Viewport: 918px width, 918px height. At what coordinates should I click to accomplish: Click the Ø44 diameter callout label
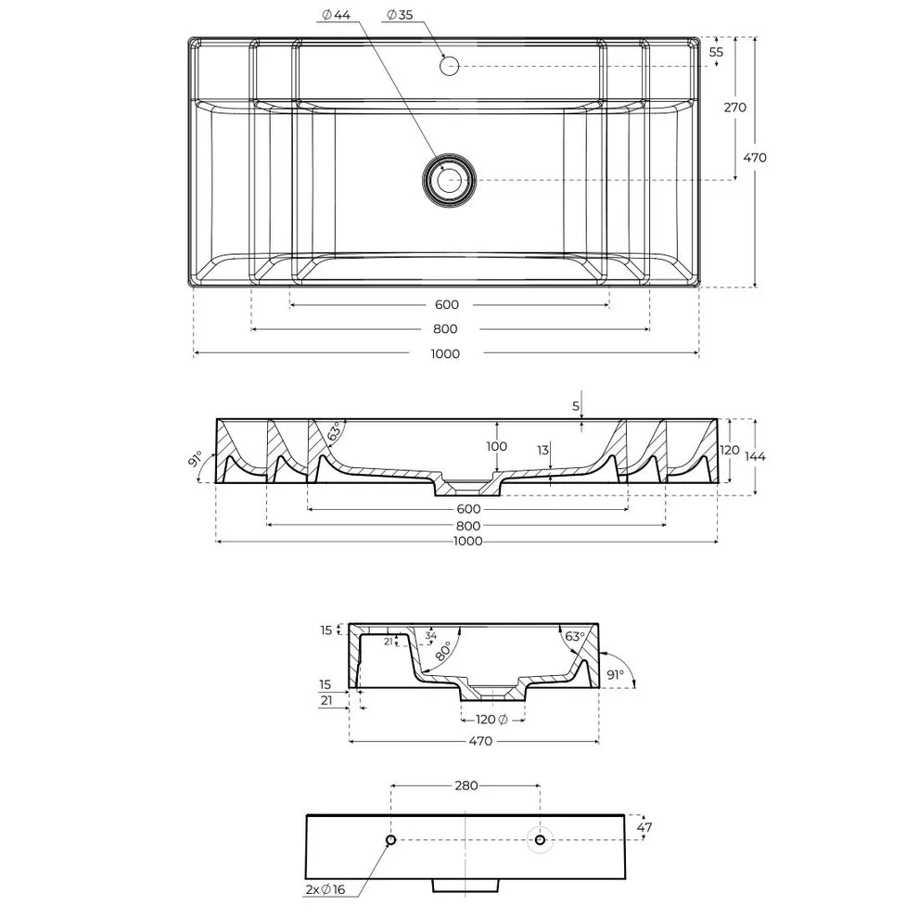336,15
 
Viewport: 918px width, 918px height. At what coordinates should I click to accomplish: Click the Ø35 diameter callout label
400,15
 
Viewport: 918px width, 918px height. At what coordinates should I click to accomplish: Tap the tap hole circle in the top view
449,66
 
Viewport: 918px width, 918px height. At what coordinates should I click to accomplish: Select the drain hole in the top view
449,180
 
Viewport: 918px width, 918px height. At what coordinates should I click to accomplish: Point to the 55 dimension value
716,52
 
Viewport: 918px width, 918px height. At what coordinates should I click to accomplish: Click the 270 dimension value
734,108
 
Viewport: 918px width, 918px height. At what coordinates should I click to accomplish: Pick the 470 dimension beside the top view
755,158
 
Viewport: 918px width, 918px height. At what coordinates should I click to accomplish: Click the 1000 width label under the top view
445,353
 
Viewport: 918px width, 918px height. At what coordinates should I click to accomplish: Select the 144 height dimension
755,456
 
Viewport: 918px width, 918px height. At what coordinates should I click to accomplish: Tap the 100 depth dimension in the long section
496,446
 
